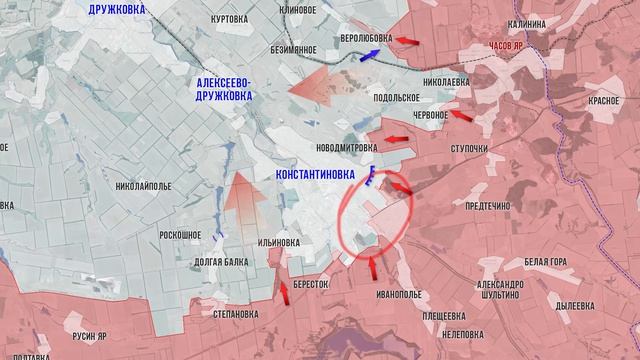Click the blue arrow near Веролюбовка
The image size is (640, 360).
pyautogui.click(x=369, y=56)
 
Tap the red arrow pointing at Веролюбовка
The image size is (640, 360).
pyautogui.click(x=405, y=40)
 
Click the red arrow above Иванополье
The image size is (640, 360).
pyautogui.click(x=373, y=267)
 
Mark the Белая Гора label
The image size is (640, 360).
pyautogui.click(x=546, y=262)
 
